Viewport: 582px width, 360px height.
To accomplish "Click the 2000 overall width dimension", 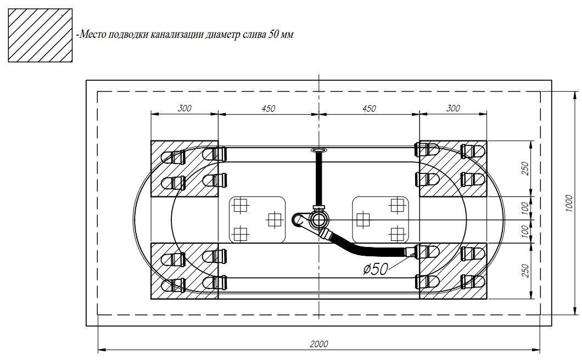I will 318,344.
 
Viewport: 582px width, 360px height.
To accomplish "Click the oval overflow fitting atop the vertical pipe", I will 318,149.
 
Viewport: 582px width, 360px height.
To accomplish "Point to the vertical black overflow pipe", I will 318,178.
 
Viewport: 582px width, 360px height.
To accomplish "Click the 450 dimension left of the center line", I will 268,108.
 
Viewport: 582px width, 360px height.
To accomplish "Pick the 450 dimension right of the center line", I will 370,108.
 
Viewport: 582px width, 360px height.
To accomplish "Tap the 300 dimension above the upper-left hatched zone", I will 184,108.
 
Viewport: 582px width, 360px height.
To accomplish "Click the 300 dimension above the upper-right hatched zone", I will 452,108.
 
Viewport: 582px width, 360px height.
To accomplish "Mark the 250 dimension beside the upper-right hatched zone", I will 524,168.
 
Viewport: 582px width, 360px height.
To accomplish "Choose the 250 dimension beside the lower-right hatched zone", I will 524,271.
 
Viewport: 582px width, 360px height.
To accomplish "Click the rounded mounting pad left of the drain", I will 257,220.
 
